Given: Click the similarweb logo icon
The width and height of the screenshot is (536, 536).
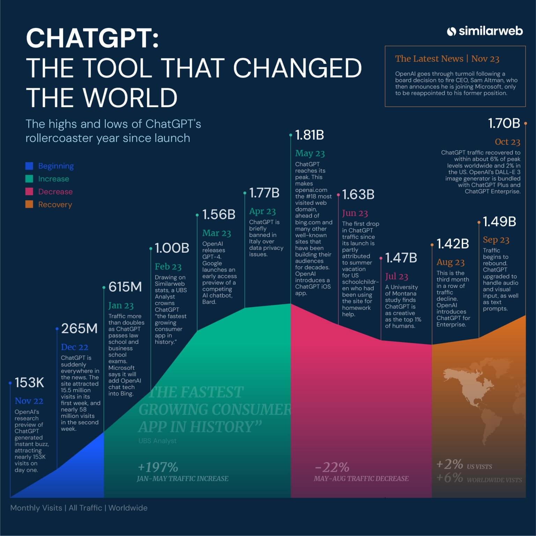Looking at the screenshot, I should (x=452, y=31).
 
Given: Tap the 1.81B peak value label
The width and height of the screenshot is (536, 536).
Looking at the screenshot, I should (x=309, y=135).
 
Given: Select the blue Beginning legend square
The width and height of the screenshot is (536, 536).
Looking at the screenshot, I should (x=29, y=166).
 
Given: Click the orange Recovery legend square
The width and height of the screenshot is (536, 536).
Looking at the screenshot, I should (x=29, y=204).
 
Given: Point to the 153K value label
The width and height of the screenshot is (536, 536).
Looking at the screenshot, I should (x=29, y=383).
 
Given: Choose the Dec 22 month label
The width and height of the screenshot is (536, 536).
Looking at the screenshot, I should (x=74, y=347).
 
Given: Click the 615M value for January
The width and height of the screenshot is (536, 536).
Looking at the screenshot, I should (x=125, y=287).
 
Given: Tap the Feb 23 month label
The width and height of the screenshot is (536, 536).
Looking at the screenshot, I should (x=168, y=267).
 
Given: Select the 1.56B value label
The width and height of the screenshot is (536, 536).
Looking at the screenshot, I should (x=219, y=215).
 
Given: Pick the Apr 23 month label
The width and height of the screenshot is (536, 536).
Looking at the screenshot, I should (x=262, y=211).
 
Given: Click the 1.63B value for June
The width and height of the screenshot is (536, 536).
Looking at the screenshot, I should (x=358, y=195).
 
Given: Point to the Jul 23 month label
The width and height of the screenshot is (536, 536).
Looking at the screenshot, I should (x=396, y=277).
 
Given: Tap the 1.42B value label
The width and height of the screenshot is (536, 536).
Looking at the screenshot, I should (x=453, y=244).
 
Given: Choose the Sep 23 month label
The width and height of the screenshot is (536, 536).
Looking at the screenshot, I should (x=496, y=240).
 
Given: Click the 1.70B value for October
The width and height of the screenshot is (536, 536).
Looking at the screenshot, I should (x=504, y=123).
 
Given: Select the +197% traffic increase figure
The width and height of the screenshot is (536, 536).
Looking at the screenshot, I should (x=158, y=467).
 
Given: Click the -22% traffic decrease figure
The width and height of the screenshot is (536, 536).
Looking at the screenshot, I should (x=332, y=467).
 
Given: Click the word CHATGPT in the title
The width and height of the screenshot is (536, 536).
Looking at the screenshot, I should (x=92, y=38).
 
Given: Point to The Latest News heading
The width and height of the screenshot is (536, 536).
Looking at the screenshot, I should (x=429, y=59).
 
